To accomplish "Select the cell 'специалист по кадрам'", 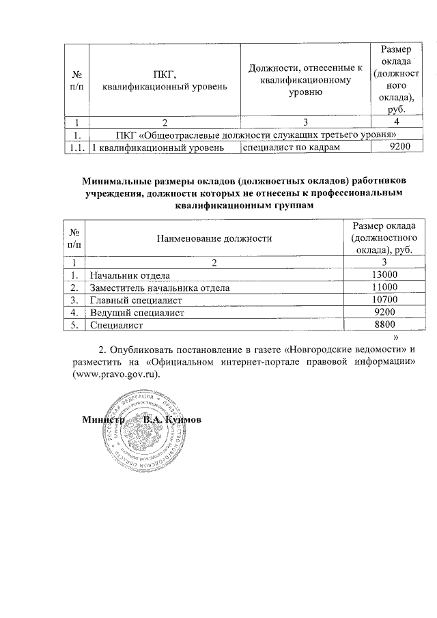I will click(x=292, y=147).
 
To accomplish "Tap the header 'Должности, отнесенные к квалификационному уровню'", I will click(x=305, y=79).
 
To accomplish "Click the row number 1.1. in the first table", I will click(x=76, y=148).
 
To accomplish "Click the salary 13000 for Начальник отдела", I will click(x=384, y=275).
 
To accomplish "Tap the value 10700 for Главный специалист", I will click(x=384, y=300).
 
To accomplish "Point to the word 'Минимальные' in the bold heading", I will click(x=114, y=182).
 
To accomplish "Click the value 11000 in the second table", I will click(x=384, y=287).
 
